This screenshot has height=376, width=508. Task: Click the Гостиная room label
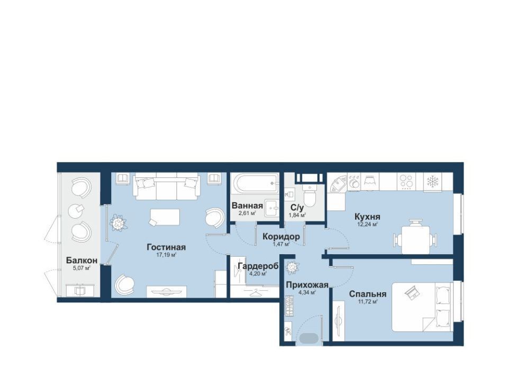166,247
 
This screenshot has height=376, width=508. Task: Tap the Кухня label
367,216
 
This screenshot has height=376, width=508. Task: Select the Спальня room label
368,294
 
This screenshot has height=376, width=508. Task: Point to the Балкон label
81,260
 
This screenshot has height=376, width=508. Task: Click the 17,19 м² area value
166,255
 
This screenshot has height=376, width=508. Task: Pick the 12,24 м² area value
367,224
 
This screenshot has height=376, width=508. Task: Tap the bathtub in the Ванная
255,184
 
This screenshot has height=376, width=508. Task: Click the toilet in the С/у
310,195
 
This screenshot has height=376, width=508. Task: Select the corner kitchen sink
338,184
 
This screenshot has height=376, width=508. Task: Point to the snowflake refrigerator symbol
432,182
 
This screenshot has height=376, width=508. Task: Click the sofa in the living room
166,186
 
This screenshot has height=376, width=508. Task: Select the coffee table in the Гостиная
165,217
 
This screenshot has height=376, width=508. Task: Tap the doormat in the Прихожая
308,338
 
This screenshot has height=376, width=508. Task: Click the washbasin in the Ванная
271,208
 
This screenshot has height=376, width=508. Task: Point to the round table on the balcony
76,212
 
